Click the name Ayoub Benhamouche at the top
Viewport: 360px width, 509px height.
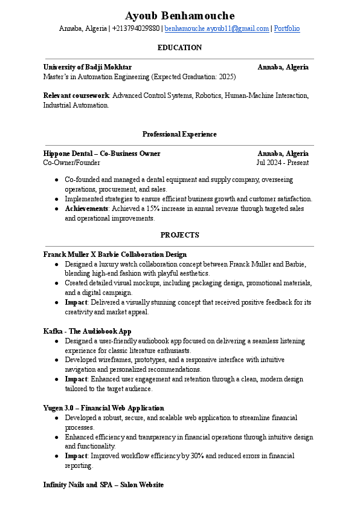coord(179,16)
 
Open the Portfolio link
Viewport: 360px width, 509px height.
coord(287,28)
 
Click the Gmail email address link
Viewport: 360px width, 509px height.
coord(216,28)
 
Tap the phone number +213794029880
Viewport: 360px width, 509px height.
coord(136,28)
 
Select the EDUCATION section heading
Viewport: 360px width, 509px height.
coord(179,47)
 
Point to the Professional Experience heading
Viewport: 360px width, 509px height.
coord(179,134)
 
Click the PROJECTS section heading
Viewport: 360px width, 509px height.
coord(179,235)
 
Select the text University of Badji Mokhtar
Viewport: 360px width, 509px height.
coord(88,67)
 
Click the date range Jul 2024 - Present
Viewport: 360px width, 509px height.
coord(282,163)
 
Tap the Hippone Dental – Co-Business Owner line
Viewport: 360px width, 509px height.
coord(102,154)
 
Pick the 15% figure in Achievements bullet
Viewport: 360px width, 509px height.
coord(153,209)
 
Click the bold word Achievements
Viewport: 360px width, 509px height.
coord(86,209)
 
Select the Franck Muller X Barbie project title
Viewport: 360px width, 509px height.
coord(115,254)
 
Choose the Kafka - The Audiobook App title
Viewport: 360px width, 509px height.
coord(87,331)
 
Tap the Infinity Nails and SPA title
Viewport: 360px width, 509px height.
coord(103,485)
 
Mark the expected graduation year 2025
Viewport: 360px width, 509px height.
coord(225,77)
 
